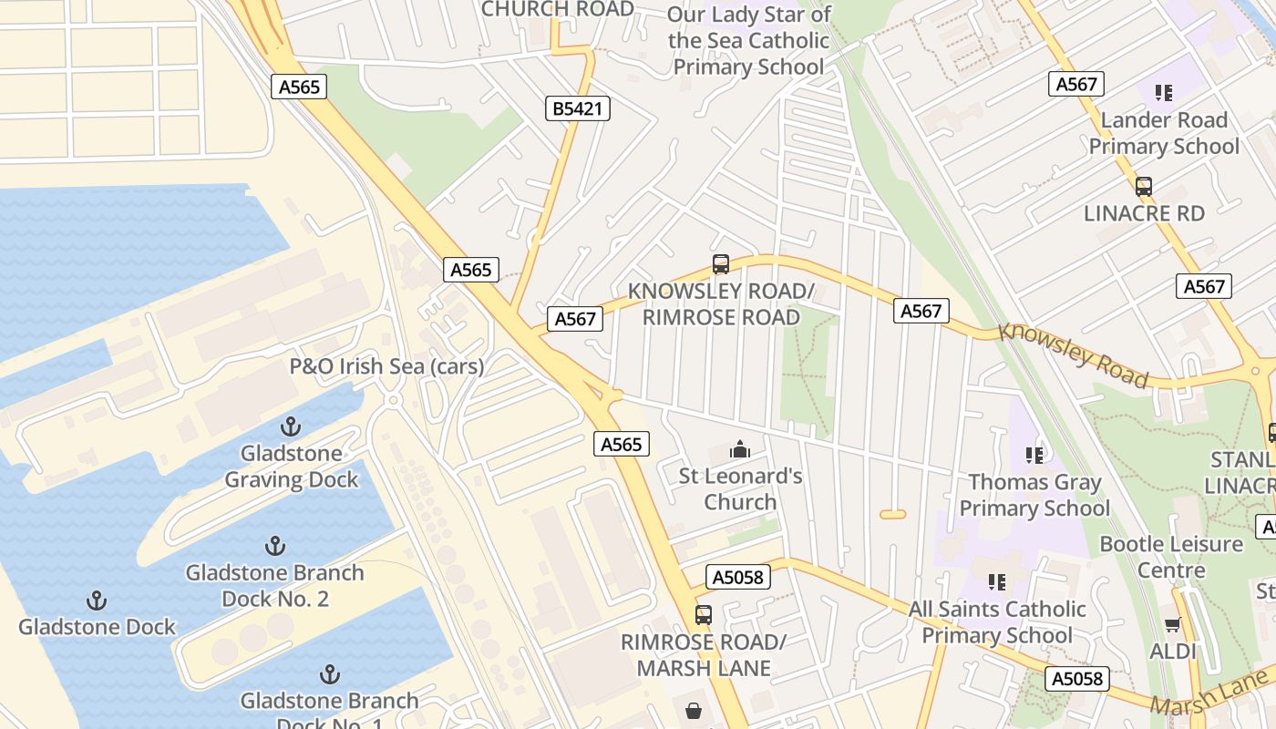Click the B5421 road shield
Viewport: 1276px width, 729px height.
point(579,109)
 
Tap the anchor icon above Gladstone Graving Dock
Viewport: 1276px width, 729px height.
point(290,426)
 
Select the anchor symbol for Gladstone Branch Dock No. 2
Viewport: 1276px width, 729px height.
point(274,546)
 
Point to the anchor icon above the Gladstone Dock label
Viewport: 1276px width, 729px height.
point(96,601)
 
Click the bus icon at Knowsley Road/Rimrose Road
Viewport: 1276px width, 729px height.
point(721,264)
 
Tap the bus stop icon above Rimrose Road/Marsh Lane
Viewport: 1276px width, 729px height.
point(703,615)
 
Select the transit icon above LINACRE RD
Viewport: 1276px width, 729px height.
point(1143,187)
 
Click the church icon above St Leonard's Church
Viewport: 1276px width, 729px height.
point(740,449)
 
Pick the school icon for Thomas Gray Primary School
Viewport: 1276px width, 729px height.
point(1034,455)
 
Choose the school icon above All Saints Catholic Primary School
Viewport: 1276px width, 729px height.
point(996,581)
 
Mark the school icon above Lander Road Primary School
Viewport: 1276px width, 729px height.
point(1163,93)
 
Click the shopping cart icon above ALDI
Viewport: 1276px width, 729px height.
point(1172,624)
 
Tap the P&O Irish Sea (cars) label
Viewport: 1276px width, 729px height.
point(386,366)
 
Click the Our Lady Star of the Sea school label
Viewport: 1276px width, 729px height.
point(748,41)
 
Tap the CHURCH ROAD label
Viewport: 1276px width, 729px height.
point(557,9)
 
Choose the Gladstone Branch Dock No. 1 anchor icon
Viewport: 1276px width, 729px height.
point(329,674)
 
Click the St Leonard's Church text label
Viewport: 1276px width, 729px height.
point(740,488)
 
